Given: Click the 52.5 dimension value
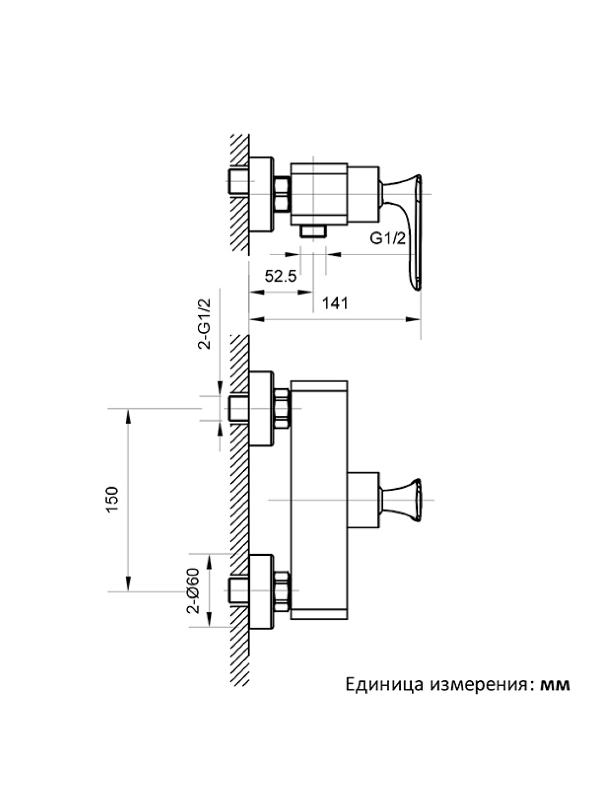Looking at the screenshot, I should pos(280,276).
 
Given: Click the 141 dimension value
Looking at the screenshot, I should pos(335,303).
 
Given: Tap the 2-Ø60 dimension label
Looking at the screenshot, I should pos(193,591).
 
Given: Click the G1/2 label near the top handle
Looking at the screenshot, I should pos(387,238).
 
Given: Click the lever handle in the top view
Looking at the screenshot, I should pos(413,227).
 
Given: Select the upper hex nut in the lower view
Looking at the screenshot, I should pos(283,409).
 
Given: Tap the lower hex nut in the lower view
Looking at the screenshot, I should pos(283,591).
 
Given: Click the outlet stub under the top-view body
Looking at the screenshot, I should pos(313,231).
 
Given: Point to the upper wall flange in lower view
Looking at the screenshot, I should pos(262,408).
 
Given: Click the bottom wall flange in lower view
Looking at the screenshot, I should pos(262,591).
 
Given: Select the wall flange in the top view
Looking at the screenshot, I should pos(262,195).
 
